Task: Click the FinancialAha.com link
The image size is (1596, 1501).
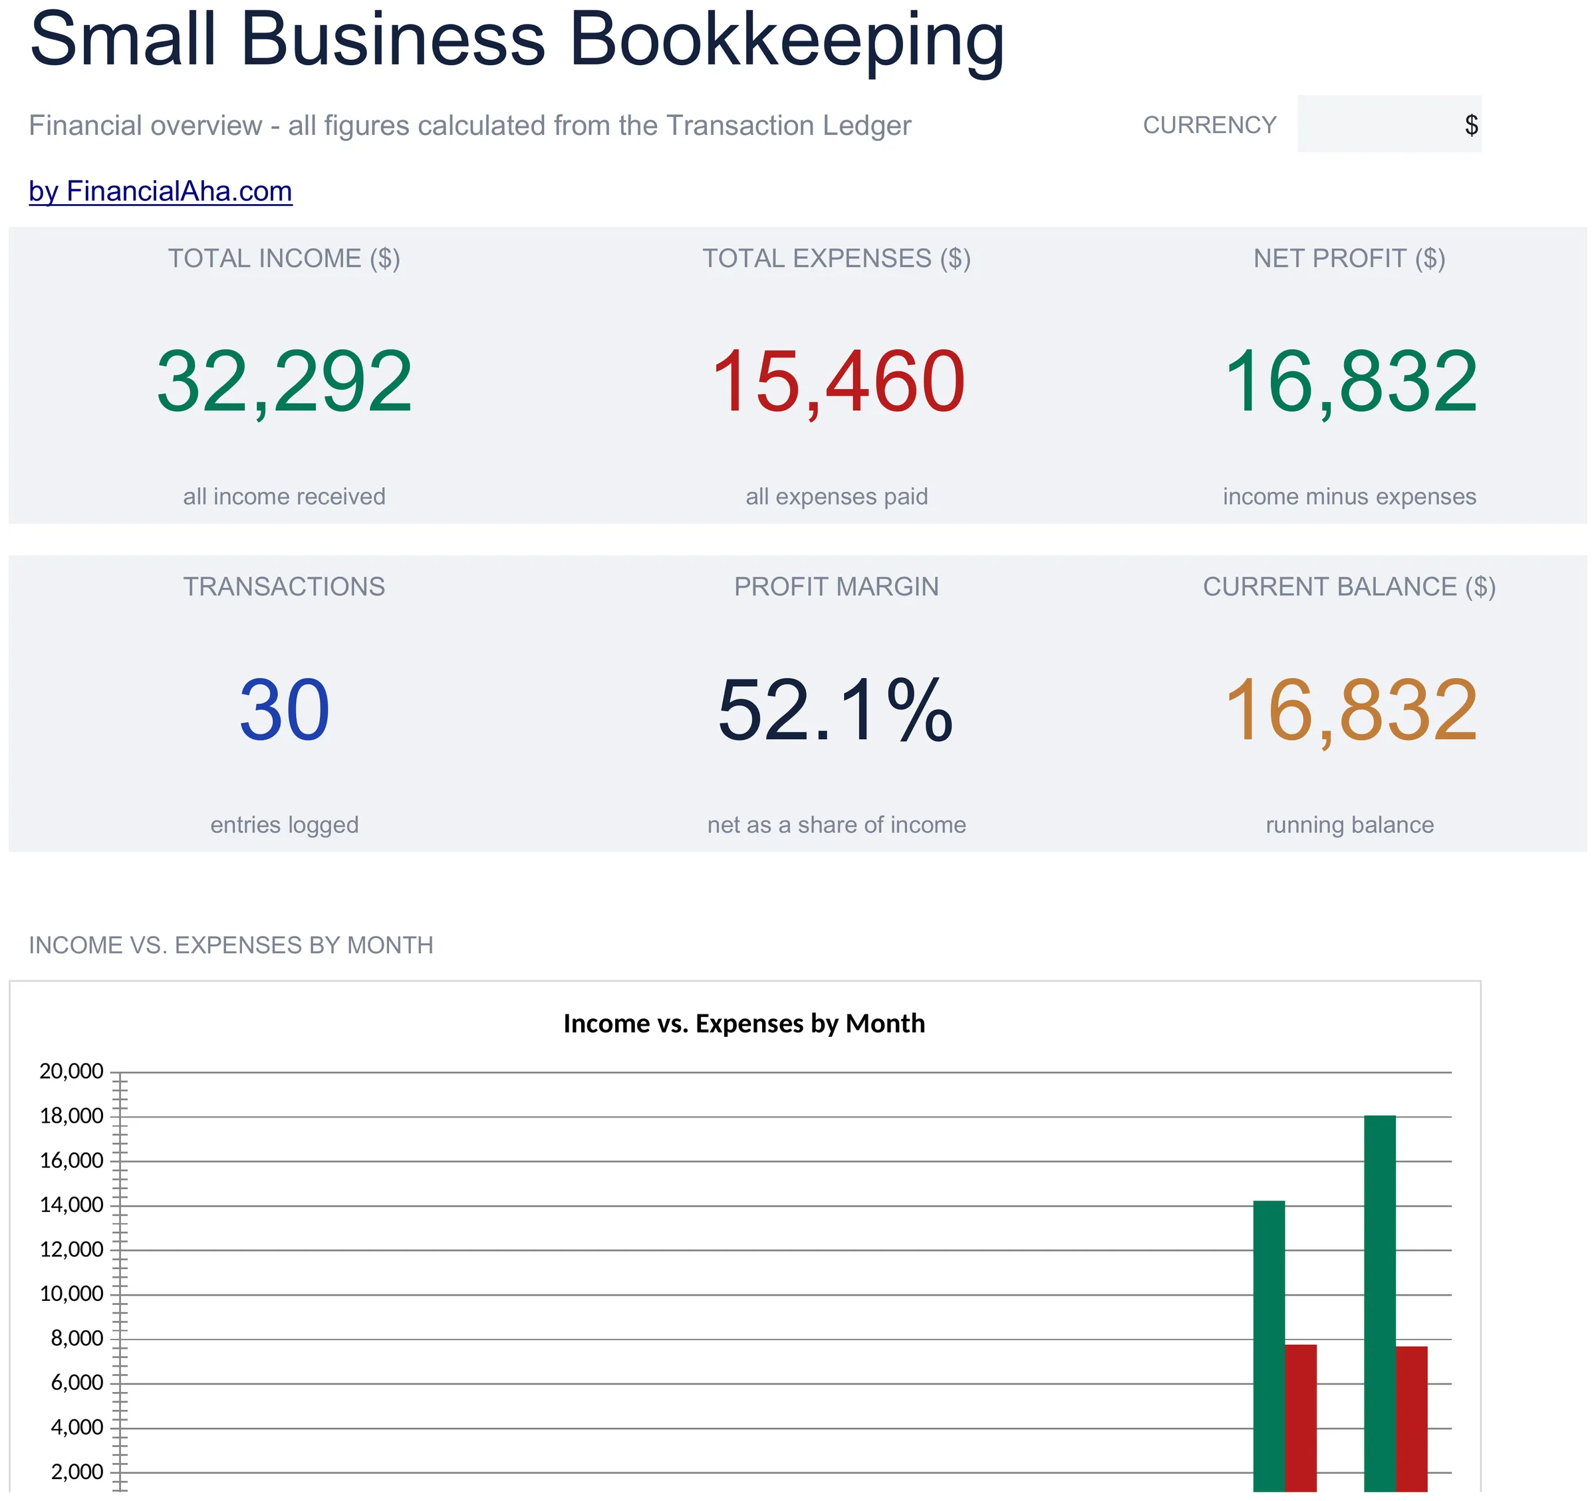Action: point(160,191)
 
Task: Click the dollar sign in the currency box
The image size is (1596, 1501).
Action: point(1471,124)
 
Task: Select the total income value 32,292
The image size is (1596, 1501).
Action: point(284,383)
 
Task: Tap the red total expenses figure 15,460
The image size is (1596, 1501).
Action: point(837,383)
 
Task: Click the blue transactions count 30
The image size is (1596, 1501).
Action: point(284,711)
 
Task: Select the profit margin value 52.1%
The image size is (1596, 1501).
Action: point(836,711)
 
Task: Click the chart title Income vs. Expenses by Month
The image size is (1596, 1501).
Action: point(744,1024)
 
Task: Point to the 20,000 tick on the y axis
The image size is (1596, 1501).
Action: point(71,1071)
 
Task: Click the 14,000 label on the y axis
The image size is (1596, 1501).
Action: point(71,1205)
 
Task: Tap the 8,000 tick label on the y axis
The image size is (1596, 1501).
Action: point(77,1338)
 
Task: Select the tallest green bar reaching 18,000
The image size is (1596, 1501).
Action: point(1380,1304)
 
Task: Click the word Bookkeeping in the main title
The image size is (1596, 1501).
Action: point(787,40)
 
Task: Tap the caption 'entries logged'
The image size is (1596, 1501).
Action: point(284,824)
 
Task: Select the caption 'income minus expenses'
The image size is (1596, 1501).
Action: point(1349,496)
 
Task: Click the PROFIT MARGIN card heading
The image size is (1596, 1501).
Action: point(837,587)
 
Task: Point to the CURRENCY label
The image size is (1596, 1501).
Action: point(1210,125)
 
